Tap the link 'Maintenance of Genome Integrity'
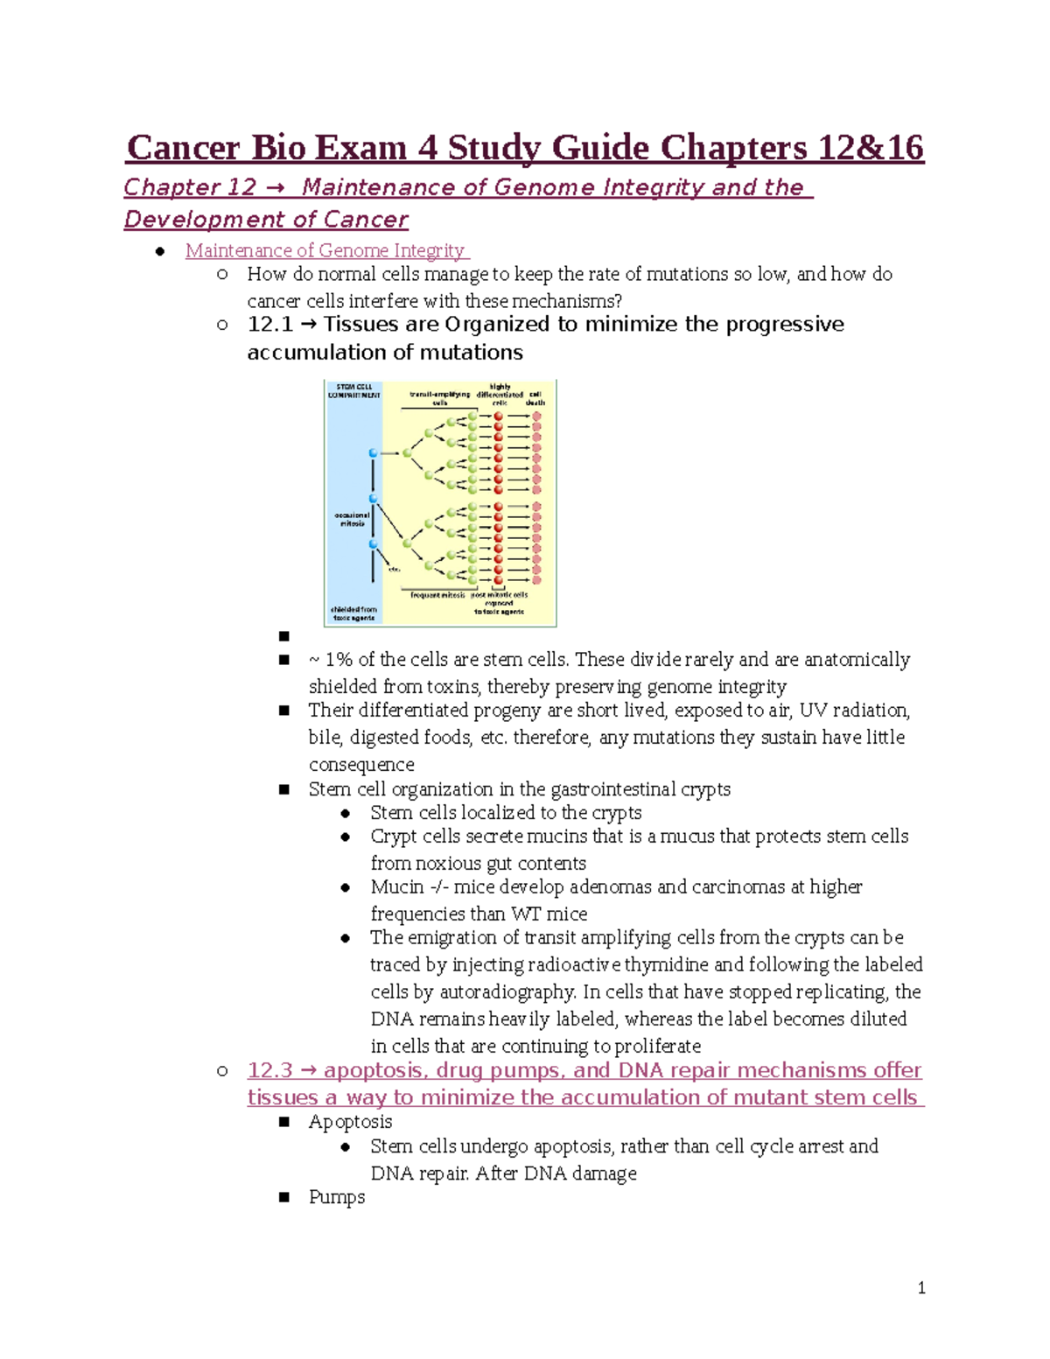tap(325, 251)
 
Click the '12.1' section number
tap(269, 325)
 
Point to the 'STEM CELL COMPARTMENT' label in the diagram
tap(354, 391)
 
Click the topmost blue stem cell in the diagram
tap(374, 453)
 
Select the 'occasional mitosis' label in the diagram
tap(352, 520)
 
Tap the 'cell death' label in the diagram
tap(535, 398)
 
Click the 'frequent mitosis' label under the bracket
tap(437, 595)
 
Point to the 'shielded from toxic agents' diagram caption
tap(353, 613)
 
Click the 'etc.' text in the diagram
tap(395, 569)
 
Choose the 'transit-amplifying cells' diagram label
tap(439, 398)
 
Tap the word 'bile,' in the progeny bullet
tap(325, 738)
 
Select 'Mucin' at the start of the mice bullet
tap(397, 887)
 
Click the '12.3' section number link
tap(269, 1070)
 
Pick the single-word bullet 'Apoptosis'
tap(350, 1122)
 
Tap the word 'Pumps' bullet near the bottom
tap(337, 1197)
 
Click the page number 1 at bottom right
tap(921, 1287)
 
